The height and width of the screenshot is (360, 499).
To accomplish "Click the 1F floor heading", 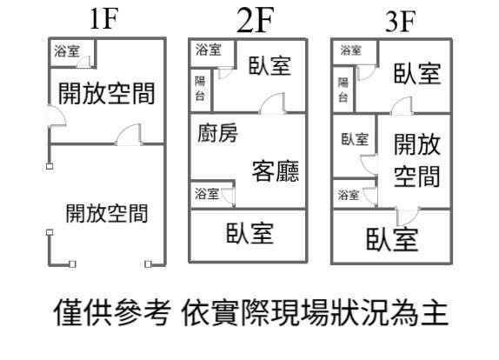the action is (x=104, y=19).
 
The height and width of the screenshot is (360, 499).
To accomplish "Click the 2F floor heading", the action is (x=255, y=20).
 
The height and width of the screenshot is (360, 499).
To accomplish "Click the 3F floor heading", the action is (x=400, y=22).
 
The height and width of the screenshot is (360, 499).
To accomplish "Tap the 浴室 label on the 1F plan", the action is (x=67, y=51).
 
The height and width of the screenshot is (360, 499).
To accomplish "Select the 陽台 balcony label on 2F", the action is (x=200, y=89).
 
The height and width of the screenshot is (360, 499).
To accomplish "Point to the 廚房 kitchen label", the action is (x=217, y=133).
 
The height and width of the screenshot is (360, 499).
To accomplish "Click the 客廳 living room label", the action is (x=276, y=171).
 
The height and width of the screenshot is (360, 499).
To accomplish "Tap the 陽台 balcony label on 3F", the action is (x=343, y=90).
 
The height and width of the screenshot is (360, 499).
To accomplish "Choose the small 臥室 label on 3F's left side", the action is (x=355, y=139).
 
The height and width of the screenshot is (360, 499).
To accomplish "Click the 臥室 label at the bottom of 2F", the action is (x=249, y=233).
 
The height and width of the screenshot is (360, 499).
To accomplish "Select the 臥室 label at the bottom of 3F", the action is (x=392, y=239).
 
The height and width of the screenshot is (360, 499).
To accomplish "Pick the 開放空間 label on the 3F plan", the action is (x=417, y=160).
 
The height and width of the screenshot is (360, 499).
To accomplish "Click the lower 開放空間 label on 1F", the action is (x=107, y=213).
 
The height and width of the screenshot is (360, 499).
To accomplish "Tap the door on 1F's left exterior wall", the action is (x=57, y=116).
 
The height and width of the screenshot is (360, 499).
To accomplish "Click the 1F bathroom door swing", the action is (x=83, y=62).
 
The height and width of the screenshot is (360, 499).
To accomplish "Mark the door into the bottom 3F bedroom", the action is (x=409, y=217).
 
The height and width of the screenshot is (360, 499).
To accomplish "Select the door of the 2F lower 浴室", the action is (x=229, y=196).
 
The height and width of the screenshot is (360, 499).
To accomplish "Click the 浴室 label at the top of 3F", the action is (x=350, y=50).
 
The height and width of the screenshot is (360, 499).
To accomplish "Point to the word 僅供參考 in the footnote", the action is (x=112, y=312).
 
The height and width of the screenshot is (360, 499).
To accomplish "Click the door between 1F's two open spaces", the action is (x=129, y=135).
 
